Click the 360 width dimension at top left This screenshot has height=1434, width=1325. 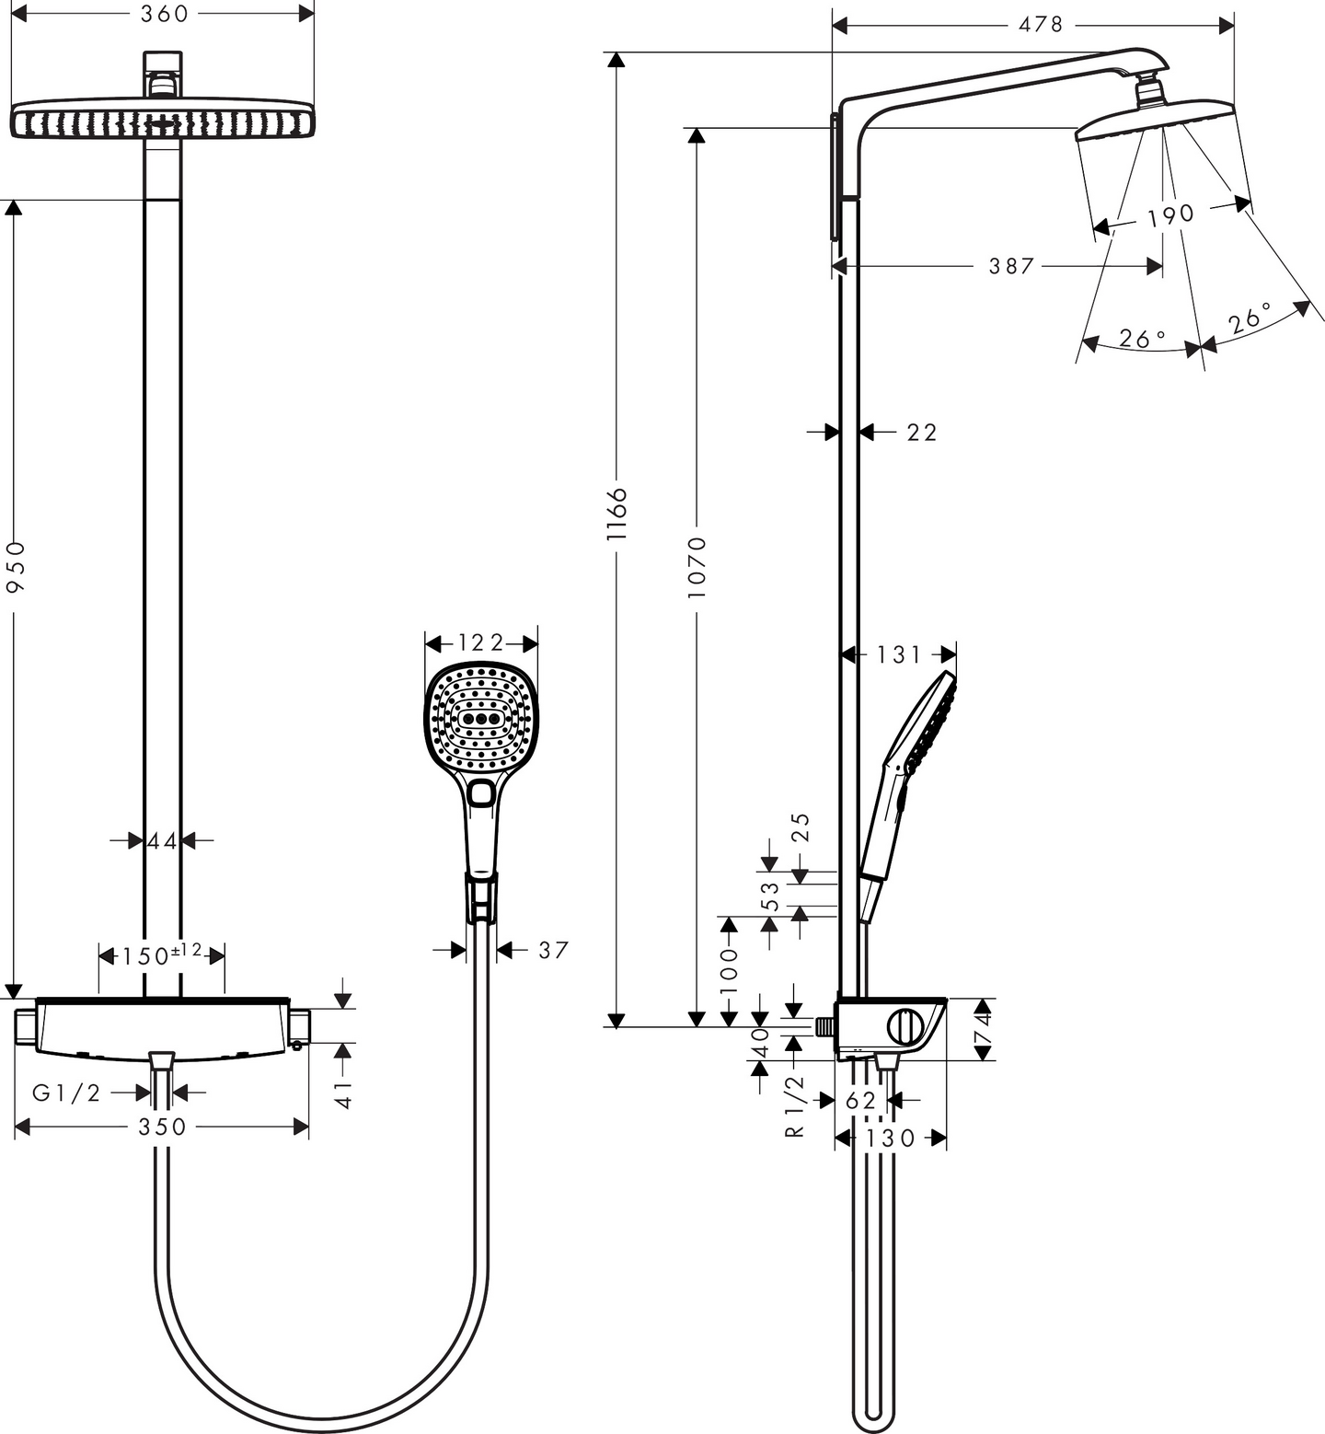point(164,14)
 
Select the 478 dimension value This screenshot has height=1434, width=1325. point(1040,25)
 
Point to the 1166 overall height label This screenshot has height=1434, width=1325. point(616,514)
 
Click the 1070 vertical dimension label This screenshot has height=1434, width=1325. point(697,567)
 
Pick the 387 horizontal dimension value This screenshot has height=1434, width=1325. point(1011,266)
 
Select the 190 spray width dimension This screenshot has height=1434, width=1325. point(1170,215)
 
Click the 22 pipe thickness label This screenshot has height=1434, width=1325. point(922,432)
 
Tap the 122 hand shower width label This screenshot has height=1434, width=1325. point(481,642)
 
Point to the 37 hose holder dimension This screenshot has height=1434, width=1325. point(554,950)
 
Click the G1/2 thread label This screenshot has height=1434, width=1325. point(66,1093)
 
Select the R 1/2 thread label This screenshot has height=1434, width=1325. point(795,1106)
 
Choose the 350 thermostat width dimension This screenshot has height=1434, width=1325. point(162,1127)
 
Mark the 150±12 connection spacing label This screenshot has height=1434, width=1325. point(162,955)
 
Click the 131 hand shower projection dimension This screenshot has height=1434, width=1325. point(898,654)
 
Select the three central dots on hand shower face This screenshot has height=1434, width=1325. point(480,719)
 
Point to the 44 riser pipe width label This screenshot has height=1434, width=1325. point(162,840)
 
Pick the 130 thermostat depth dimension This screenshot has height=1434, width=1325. point(891,1139)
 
